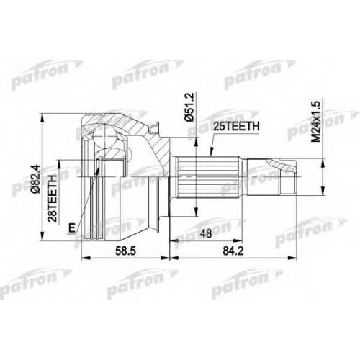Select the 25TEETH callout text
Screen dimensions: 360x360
237,126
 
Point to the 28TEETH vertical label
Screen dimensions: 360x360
52,199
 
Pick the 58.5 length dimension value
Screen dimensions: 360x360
125,251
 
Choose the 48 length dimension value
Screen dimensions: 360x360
206,233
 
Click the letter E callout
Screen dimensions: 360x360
71,228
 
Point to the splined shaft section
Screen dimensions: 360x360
207,177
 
